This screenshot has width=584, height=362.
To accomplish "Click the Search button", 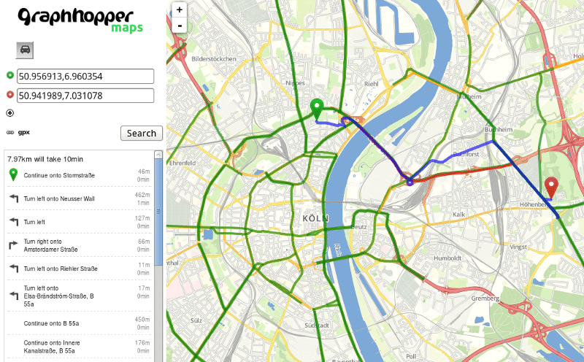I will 141,133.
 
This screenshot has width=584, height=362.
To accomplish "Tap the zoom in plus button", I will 180,10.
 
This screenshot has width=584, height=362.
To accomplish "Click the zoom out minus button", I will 180,26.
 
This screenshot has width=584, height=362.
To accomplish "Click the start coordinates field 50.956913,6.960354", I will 85,76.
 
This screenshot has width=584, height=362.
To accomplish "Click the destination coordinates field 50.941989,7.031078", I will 85,96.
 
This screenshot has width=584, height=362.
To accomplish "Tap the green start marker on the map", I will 317,107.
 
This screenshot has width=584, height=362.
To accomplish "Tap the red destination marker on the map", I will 552,187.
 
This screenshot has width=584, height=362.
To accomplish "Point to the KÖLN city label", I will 315,218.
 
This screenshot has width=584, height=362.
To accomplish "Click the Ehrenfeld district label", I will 182,163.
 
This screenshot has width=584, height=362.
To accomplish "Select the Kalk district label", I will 458,214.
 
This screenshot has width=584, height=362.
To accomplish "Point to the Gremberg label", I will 485,299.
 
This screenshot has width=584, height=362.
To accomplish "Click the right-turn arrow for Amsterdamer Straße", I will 13,245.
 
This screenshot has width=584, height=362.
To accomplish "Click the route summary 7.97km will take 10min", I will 45,158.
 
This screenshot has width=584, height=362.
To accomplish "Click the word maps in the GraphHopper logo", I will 127,28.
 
